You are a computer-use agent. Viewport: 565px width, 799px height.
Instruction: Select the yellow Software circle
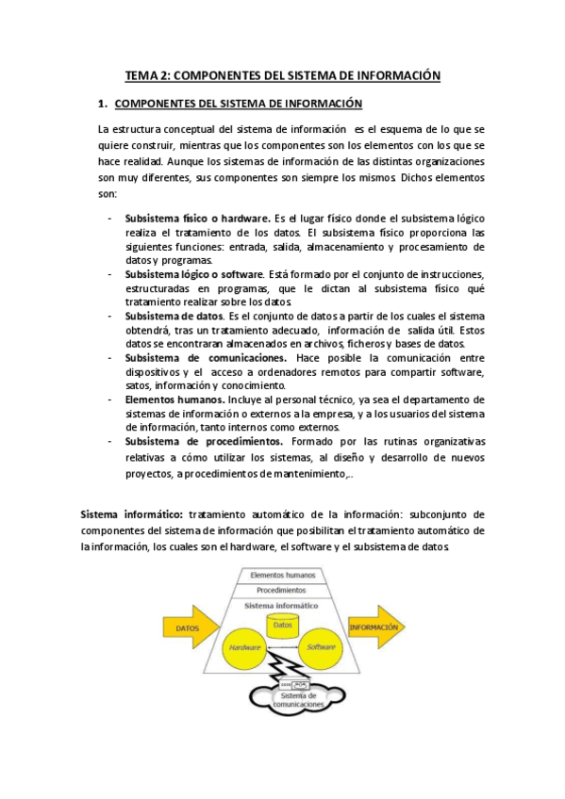coord(321,648)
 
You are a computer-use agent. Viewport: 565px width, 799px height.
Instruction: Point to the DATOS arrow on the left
coord(188,627)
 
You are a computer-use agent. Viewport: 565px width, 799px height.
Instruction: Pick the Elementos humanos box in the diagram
coord(282,574)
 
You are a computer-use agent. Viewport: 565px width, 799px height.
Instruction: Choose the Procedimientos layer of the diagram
coord(282,590)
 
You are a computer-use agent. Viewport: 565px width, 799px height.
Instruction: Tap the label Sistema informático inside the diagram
coord(282,605)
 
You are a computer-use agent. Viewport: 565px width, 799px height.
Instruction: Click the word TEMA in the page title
coord(142,74)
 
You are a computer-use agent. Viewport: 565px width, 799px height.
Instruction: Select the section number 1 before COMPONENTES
coord(102,103)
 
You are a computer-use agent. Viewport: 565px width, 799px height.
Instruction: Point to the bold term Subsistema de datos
coord(174,316)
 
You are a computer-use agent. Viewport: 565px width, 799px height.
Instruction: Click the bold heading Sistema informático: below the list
coord(132,514)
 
